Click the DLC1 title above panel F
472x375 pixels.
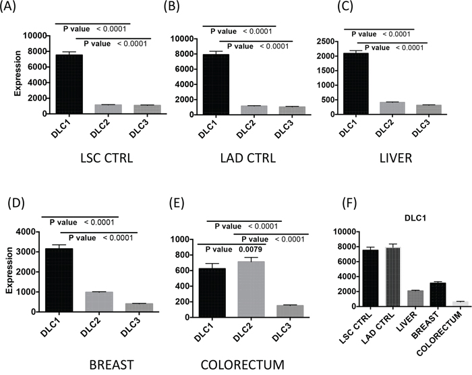(401, 220)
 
